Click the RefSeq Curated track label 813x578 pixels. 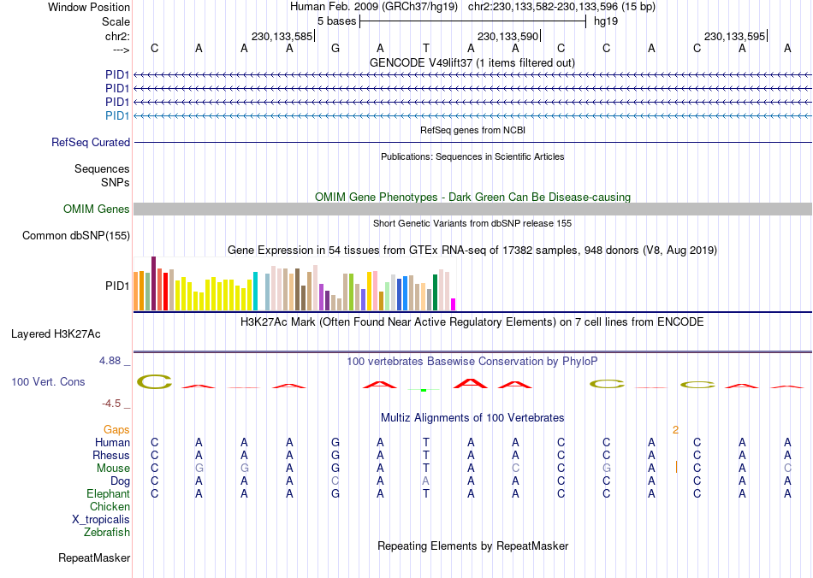click(91, 143)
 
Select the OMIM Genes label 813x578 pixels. click(97, 209)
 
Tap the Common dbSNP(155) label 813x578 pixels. click(76, 236)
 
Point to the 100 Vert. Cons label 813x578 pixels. click(48, 382)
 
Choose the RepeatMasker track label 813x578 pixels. click(94, 558)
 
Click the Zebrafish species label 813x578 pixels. click(107, 533)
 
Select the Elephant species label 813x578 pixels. click(108, 494)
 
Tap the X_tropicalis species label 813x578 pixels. click(101, 520)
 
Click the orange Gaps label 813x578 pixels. click(116, 429)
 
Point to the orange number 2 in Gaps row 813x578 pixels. click(675, 429)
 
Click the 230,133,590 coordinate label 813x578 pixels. click(507, 37)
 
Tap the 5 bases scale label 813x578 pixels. click(336, 21)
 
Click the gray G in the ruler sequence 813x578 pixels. click(335, 49)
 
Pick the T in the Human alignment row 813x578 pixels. click(425, 443)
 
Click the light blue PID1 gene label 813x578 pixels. click(117, 116)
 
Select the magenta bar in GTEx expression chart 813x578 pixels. click(454, 304)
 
